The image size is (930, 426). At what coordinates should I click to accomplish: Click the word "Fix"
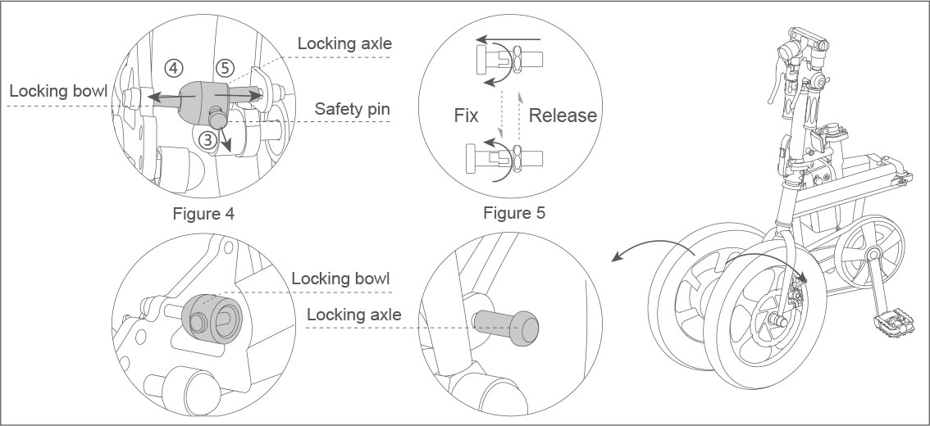pyautogui.click(x=466, y=116)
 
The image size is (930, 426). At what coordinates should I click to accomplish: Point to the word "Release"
pyautogui.click(x=563, y=116)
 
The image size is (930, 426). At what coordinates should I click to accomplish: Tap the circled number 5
pyautogui.click(x=226, y=68)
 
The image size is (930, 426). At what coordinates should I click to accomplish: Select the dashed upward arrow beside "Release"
pyautogui.click(x=518, y=115)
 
